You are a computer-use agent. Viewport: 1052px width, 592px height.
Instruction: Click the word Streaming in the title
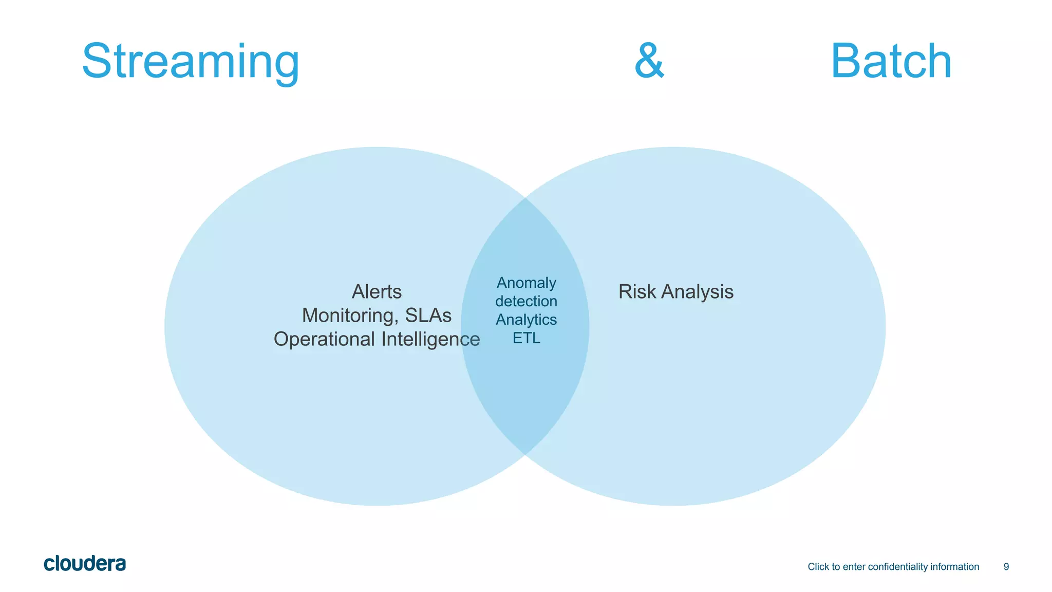coord(191,62)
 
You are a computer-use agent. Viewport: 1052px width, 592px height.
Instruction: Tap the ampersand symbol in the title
coord(649,61)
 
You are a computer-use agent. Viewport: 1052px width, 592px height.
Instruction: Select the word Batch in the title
coord(891,61)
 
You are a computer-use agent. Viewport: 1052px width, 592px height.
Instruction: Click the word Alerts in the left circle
coord(377,292)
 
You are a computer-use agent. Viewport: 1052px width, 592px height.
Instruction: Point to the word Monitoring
coord(350,316)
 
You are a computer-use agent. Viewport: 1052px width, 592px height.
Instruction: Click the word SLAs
coord(428,316)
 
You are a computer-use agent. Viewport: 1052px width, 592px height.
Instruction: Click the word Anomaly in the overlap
coord(526,283)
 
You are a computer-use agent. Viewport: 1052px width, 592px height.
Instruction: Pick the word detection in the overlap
coord(526,301)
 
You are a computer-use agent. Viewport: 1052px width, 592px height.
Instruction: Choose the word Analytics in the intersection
coord(526,320)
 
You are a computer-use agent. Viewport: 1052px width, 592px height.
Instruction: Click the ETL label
coord(526,338)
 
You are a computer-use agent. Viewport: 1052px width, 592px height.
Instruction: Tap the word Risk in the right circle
coord(637,292)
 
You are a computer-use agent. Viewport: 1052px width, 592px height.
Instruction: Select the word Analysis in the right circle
coord(697,292)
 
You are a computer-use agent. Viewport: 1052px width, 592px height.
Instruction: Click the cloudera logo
coord(85,564)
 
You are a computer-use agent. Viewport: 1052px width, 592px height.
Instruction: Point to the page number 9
coord(1006,567)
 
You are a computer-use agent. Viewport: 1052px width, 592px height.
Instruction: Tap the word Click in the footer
coord(818,567)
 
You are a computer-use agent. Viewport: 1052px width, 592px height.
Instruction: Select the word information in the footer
coord(955,567)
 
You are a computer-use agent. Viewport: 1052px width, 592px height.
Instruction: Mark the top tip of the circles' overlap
coord(525,198)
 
